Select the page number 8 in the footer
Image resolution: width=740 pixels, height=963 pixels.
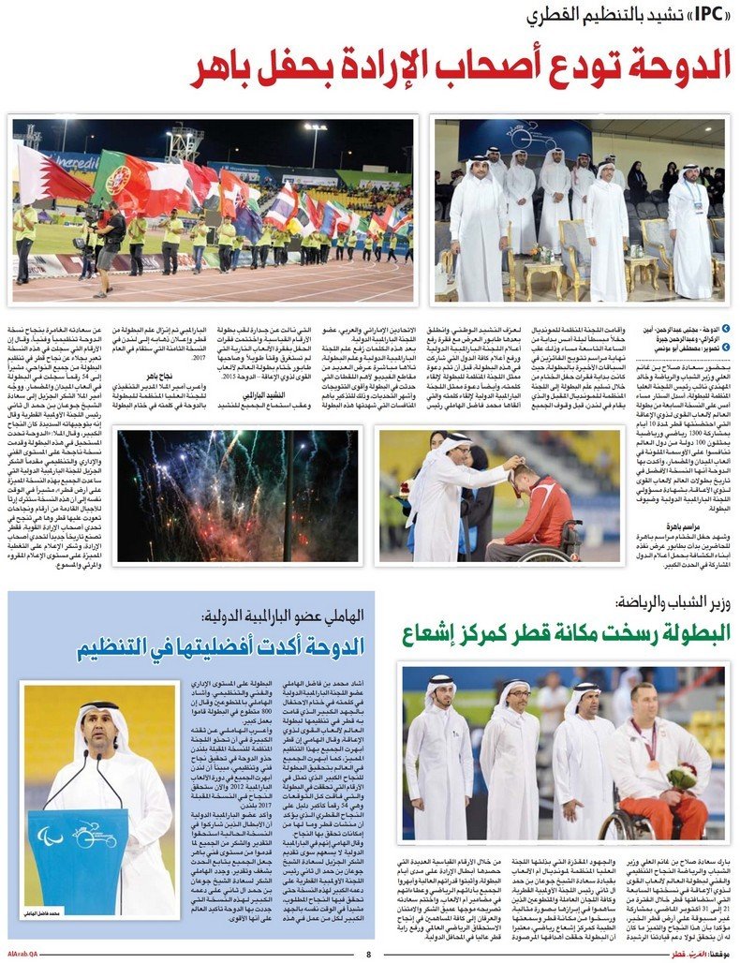(x=368, y=955)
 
